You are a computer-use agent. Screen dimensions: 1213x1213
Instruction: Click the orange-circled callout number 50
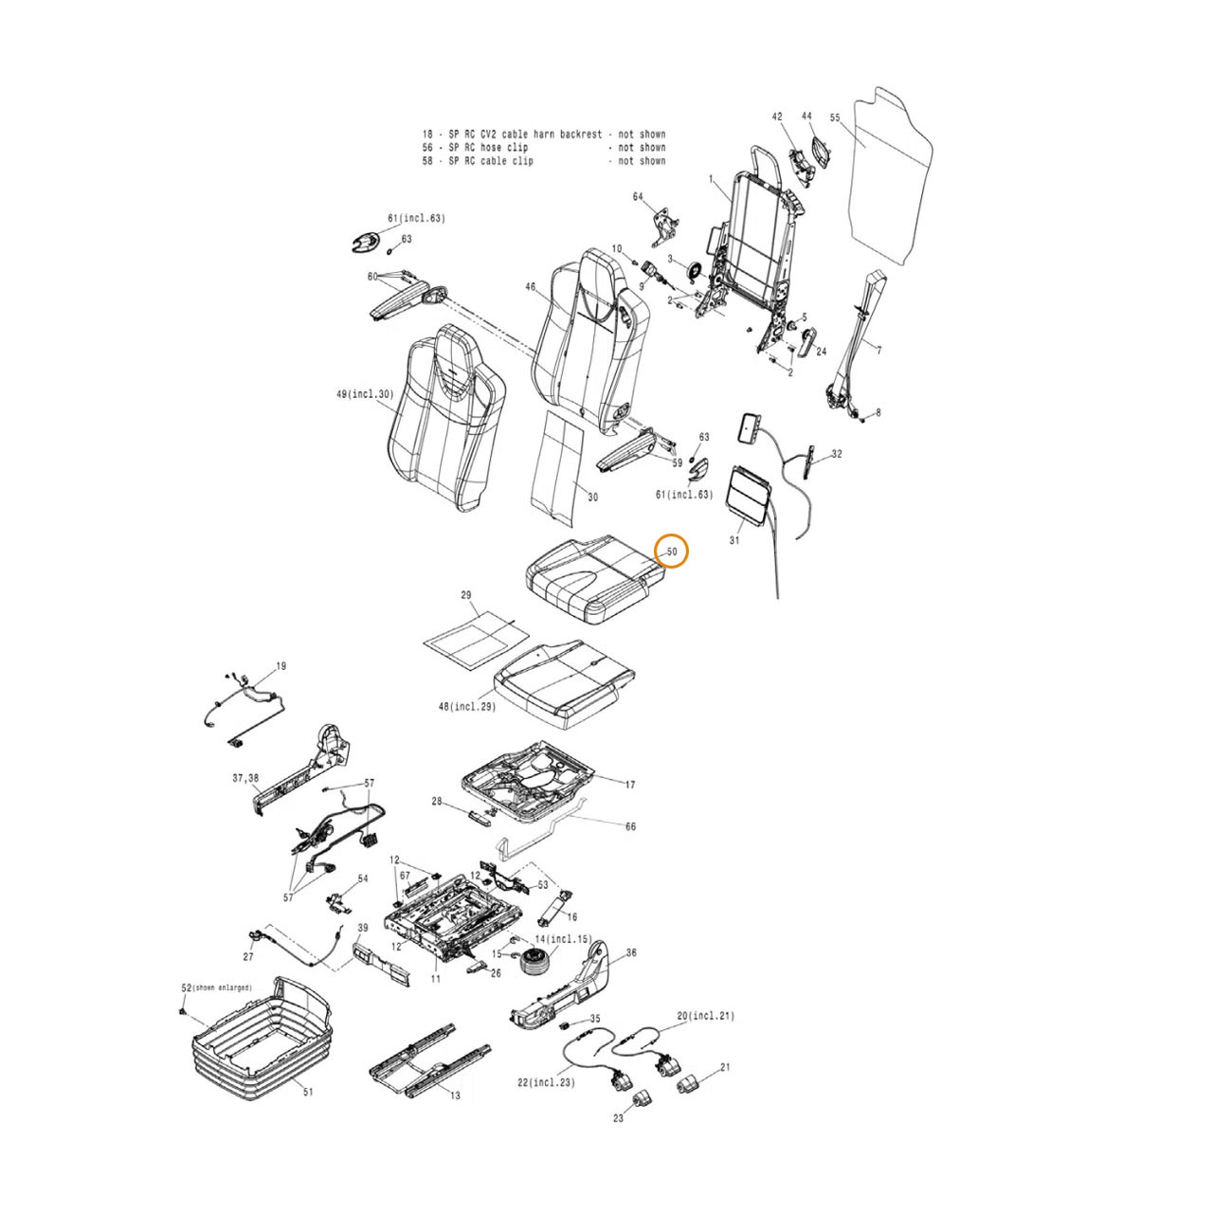pos(672,552)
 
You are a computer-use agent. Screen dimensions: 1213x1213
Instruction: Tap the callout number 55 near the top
pos(835,118)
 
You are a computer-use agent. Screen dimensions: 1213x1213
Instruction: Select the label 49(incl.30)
pos(365,394)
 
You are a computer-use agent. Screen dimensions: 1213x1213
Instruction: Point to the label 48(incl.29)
pos(467,707)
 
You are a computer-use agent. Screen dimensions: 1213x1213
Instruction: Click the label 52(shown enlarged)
pos(217,987)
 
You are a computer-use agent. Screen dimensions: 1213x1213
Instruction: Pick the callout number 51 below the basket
pos(308,1092)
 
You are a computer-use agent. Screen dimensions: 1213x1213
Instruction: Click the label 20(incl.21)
pos(706,1016)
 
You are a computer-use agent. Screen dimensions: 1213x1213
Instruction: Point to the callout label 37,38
pos(245,778)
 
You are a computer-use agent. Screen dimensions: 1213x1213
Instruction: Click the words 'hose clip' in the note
pos(504,147)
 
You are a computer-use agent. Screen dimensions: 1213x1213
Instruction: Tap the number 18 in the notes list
pos(427,134)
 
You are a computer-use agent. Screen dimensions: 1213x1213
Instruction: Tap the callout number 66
pos(630,825)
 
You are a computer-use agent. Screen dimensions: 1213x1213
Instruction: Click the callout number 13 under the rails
pos(455,1113)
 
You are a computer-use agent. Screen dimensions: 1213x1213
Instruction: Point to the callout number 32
pos(837,454)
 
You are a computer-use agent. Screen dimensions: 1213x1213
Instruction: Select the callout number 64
pos(639,197)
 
